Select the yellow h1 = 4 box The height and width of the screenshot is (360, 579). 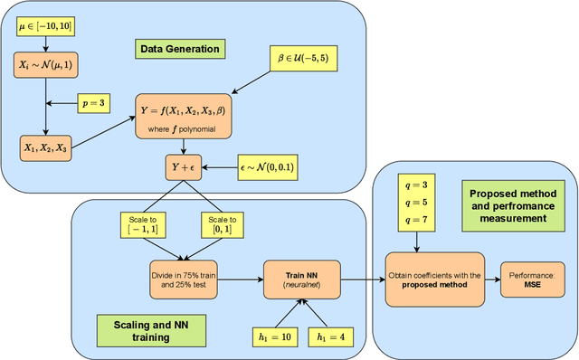(331, 337)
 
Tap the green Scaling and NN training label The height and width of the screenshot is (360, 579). (134, 329)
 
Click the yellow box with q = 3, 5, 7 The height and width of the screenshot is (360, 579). (415, 204)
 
